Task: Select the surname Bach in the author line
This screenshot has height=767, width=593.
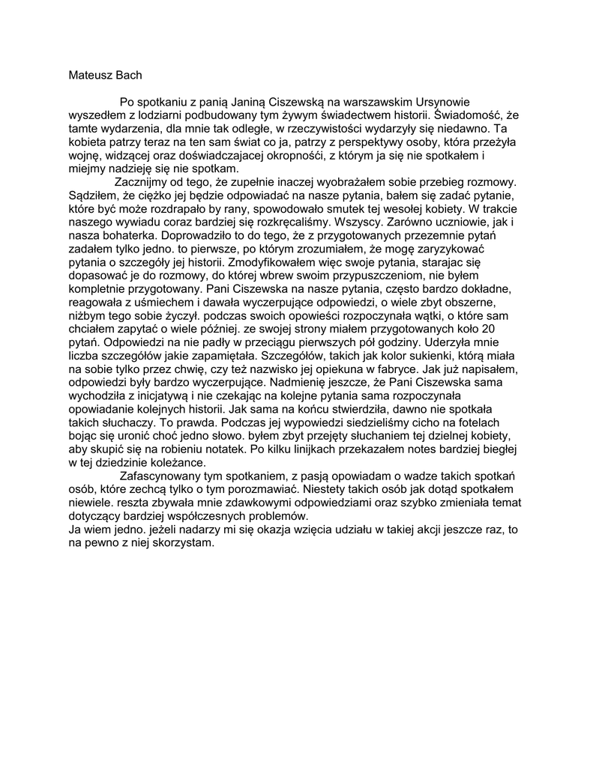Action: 130,75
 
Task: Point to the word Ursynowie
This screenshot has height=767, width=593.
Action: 431,100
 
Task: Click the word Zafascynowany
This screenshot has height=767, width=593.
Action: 163,478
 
